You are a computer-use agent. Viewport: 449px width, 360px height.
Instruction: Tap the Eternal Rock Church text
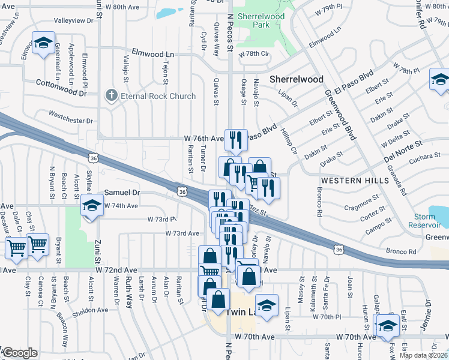(x=158, y=96)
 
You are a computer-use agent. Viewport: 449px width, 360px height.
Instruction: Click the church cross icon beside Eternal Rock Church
(x=111, y=95)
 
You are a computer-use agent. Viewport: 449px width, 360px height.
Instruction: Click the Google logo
(x=19, y=353)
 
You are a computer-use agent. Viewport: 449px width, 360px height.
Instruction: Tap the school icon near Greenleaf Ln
(x=43, y=43)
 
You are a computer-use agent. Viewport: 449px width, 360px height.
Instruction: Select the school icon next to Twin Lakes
(x=267, y=304)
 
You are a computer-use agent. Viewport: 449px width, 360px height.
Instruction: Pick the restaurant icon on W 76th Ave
(x=236, y=139)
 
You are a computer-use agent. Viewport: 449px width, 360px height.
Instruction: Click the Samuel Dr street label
(x=122, y=193)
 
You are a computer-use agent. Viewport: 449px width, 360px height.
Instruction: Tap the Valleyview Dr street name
(x=74, y=20)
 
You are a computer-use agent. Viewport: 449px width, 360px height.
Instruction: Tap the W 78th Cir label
(x=255, y=54)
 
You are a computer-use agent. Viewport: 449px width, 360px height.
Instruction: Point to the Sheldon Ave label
(x=90, y=310)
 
